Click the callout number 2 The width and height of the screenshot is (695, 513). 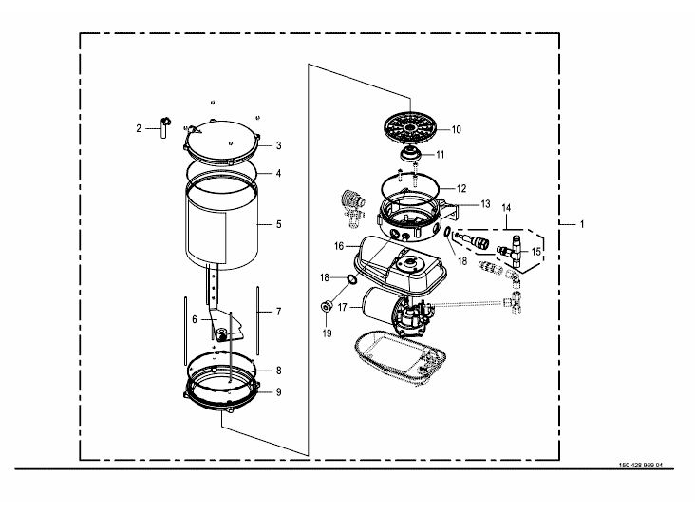coord(139,128)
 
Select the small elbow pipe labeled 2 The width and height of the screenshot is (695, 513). coord(164,127)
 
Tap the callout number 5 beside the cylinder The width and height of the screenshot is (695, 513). coord(279,224)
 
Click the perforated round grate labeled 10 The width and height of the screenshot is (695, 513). coord(410,127)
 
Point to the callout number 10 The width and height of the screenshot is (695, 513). coord(457,129)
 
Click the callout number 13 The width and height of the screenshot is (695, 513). coord(486,204)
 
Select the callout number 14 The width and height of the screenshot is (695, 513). coord(506,208)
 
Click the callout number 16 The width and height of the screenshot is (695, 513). coord(339,246)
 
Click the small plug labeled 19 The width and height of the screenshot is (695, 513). coord(327,306)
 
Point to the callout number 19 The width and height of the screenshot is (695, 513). coord(328,333)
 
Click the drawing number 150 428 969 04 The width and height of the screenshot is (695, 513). coord(641,465)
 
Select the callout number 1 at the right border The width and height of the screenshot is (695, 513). coord(582,225)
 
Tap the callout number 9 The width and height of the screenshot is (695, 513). coord(279,392)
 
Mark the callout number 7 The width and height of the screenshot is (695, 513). coord(279,312)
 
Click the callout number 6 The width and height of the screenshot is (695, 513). coord(195,320)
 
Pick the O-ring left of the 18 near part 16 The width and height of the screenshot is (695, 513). coord(351,280)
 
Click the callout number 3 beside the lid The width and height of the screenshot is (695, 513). coord(279,145)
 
